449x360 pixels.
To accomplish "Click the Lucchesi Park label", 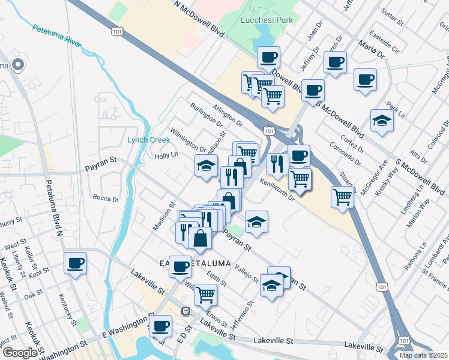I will (x=267, y=20).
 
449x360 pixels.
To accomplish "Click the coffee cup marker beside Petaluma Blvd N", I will (x=76, y=262).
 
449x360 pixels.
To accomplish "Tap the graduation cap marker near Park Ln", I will (x=382, y=120).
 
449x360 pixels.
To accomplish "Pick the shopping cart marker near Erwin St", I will (x=205, y=294).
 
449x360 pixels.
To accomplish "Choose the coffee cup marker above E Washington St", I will (x=160, y=326).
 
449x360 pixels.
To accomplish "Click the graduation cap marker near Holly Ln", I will (x=206, y=164).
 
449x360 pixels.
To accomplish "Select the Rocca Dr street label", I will (x=107, y=199).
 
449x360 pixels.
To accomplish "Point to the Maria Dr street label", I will (x=372, y=49).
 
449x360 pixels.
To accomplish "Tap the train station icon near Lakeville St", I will (x=186, y=310).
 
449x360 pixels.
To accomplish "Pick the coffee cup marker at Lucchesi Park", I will (x=269, y=57).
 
